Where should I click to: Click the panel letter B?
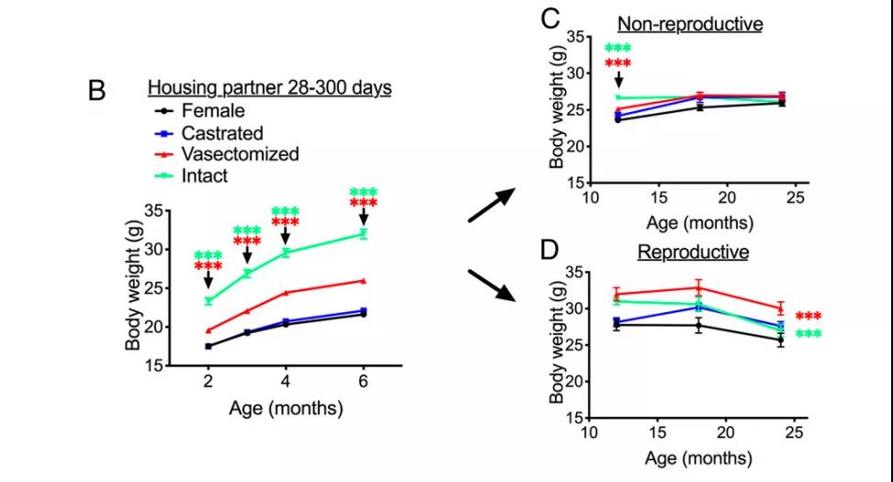97,91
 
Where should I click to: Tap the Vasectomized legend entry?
240,153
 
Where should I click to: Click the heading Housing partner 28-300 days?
271,89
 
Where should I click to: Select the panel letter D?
550,250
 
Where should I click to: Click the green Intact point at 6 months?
364,233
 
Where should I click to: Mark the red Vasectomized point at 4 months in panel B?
286,293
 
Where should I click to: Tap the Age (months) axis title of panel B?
273,408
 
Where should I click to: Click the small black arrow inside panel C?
617,81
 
